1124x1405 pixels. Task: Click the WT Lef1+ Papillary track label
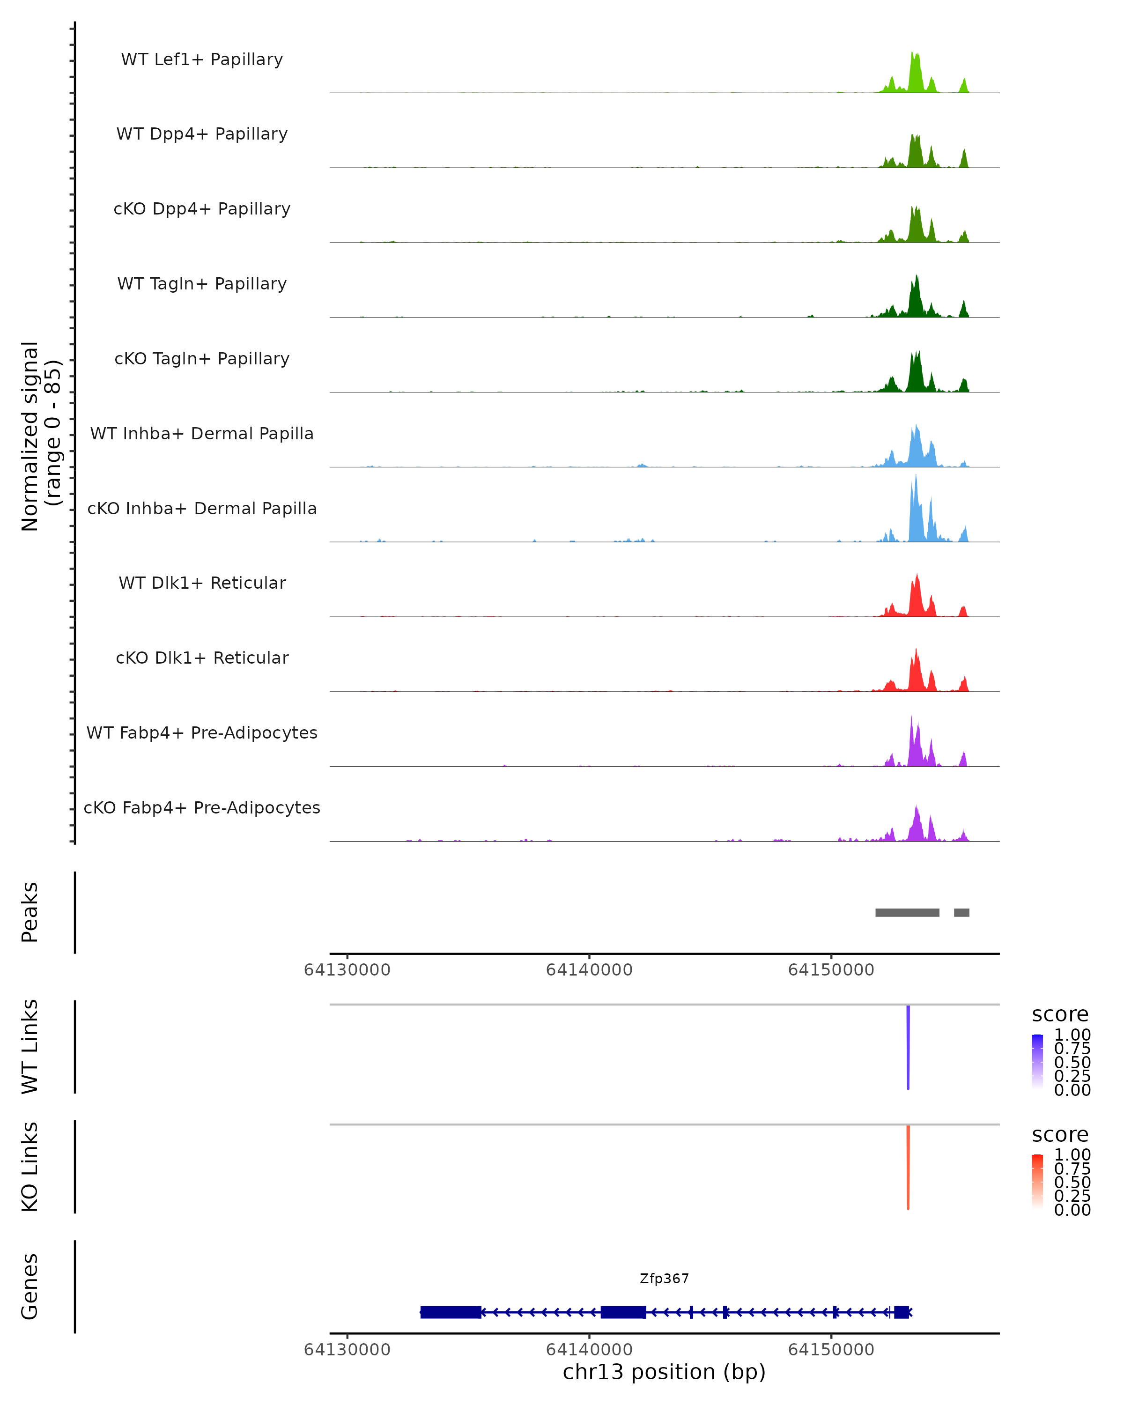tap(202, 59)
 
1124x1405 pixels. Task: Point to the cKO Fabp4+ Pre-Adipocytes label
tap(202, 807)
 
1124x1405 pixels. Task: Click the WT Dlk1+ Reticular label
tap(202, 583)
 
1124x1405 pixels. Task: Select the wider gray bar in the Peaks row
tap(907, 912)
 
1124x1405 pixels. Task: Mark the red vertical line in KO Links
tap(908, 1167)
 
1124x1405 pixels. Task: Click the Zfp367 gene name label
tap(664, 1279)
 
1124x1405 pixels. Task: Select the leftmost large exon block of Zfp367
tap(450, 1312)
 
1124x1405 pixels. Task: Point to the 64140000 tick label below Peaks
tap(589, 970)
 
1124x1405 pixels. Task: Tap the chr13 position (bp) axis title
tap(664, 1372)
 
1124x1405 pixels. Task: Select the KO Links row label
tap(30, 1167)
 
